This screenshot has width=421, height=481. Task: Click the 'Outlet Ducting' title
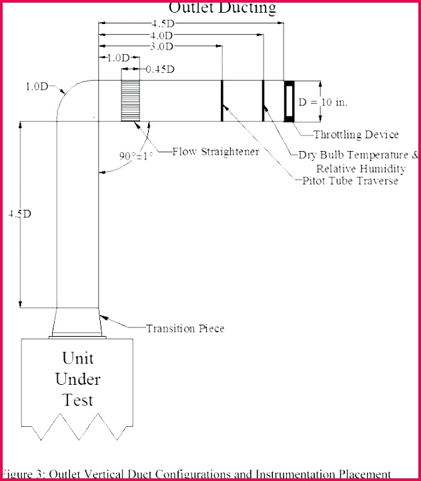tap(222, 7)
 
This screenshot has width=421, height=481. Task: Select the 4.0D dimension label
tap(162, 35)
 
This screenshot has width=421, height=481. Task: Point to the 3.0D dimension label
tap(161, 46)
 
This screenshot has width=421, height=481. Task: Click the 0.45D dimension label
tap(159, 69)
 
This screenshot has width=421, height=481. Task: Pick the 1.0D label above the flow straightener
tap(117, 58)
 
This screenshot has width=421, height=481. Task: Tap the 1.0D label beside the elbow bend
tap(37, 86)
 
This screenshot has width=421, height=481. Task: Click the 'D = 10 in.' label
tap(322, 102)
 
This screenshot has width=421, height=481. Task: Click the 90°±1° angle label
tap(136, 155)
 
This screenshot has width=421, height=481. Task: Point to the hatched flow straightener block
tap(130, 101)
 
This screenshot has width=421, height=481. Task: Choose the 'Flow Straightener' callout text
tap(216, 152)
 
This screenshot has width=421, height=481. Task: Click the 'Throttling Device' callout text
tap(356, 135)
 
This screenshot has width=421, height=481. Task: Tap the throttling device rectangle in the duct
tap(289, 101)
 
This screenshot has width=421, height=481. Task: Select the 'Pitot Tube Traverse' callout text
tap(350, 180)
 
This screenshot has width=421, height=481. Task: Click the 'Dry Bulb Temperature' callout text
tap(359, 155)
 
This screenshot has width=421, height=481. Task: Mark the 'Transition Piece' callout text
tap(185, 328)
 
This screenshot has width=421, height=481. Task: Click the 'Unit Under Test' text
tap(77, 379)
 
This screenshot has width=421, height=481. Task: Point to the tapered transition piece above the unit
tap(77, 323)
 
